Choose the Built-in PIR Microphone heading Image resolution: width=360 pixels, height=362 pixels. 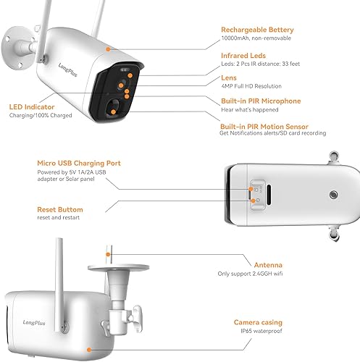pyautogui.click(x=259, y=101)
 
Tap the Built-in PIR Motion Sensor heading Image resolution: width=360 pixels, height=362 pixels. pyautogui.click(x=266, y=125)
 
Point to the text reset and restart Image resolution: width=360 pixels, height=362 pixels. pyautogui.click(x=59, y=217)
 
